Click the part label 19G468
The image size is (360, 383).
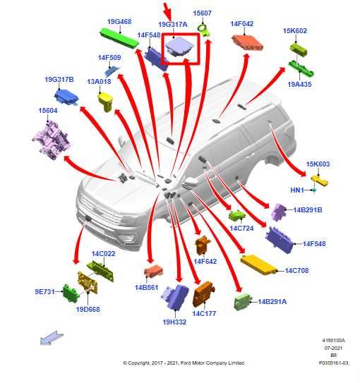119,21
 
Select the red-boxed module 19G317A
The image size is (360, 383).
179,47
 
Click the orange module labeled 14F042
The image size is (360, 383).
247,43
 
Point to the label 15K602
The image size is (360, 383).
295,31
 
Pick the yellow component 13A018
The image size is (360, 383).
106,102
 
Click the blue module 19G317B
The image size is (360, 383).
66,97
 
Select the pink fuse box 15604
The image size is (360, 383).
52,140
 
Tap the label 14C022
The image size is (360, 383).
103,253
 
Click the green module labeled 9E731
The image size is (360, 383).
71,293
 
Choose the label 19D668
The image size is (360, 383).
88,309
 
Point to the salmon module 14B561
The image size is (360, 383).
153,271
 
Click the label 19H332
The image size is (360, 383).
174,322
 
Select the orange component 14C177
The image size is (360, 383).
203,294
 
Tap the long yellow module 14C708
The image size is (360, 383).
258,265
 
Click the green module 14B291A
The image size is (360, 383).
241,302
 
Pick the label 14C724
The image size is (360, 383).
241,228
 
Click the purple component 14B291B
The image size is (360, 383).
279,212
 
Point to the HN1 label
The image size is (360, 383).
297,190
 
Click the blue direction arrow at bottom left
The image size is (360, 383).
52,338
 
